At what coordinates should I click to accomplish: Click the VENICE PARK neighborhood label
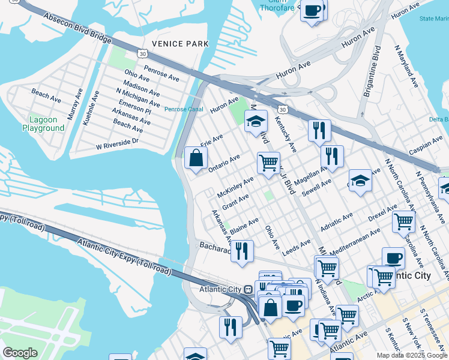[x=180, y=44]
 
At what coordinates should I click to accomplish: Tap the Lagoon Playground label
[x=43, y=124]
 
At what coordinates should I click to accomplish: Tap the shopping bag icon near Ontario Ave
[x=196, y=159]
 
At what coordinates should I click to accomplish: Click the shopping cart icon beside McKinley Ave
[x=268, y=161]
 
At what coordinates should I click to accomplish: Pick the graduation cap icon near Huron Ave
[x=256, y=122]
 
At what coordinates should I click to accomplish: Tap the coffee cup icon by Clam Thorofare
[x=312, y=11]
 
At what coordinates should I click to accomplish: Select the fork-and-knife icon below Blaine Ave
[x=242, y=251]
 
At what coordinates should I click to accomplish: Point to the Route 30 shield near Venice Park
[x=142, y=54]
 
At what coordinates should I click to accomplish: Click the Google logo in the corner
[x=20, y=353]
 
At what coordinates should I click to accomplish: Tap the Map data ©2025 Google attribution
[x=411, y=355]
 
